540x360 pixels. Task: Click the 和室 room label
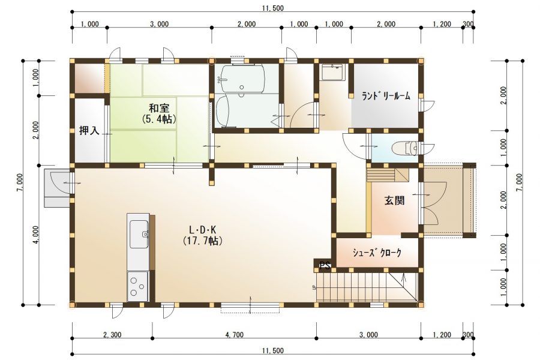coord(158,108)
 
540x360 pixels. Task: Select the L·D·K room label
coord(202,230)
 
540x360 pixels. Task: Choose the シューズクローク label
coord(377,253)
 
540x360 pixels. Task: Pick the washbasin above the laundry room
coord(332,72)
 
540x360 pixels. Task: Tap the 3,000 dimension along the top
coord(159,24)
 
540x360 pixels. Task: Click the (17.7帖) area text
coord(202,241)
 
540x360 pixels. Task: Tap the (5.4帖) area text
coord(158,119)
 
